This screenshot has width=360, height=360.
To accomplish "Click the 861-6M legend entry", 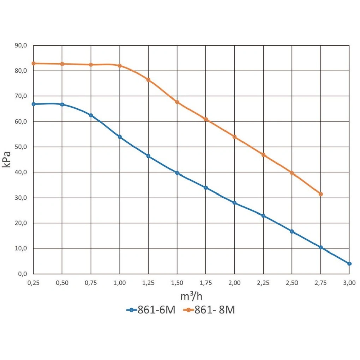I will pyautogui.click(x=151, y=310).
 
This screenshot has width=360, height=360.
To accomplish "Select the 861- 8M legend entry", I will pyautogui.click(x=209, y=310).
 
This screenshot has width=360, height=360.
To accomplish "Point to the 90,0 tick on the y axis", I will pyautogui.click(x=21, y=45).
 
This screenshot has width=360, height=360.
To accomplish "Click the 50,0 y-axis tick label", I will pyautogui.click(x=21, y=147).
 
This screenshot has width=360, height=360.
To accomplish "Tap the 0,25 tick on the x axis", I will pyautogui.click(x=33, y=283).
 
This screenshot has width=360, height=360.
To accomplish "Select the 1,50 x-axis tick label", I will pyautogui.click(x=177, y=283).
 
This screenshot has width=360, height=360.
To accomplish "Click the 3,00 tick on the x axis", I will pyautogui.click(x=349, y=283).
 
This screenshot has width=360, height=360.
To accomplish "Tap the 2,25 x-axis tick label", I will pyautogui.click(x=263, y=283).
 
